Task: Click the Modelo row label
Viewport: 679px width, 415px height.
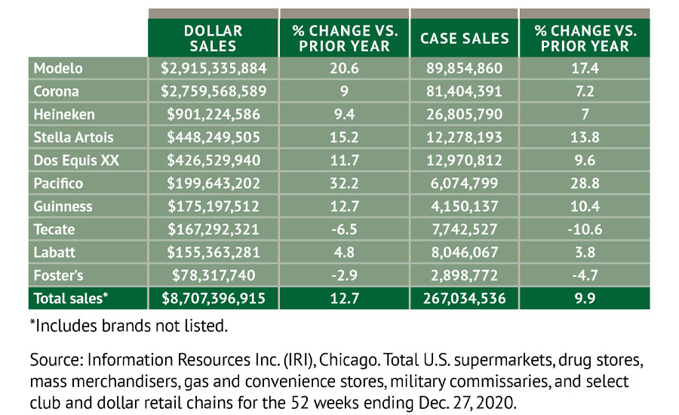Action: (x=58, y=68)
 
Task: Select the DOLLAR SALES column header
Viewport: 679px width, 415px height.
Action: (x=214, y=38)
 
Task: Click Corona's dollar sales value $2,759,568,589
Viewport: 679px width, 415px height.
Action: (x=214, y=91)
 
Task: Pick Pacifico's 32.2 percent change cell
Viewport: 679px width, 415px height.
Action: (x=344, y=183)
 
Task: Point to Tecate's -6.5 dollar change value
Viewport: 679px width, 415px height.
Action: (x=344, y=229)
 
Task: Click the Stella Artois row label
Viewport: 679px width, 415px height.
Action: (x=72, y=137)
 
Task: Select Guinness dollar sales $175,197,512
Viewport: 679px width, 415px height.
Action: (x=214, y=206)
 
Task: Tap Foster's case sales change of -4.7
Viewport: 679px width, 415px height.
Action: (x=585, y=275)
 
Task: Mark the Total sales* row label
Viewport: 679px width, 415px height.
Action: (x=71, y=299)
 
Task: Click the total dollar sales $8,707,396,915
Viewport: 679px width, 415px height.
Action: (x=214, y=299)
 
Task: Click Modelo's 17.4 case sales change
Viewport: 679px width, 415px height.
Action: (x=585, y=68)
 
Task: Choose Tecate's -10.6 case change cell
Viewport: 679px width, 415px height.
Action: (x=585, y=229)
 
